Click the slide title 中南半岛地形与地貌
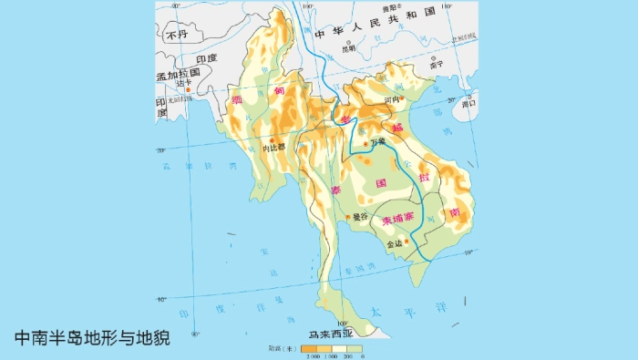pyautogui.click(x=92, y=336)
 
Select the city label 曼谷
pyautogui.click(x=360, y=217)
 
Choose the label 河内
pyautogui.click(x=392, y=100)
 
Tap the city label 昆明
pyautogui.click(x=348, y=48)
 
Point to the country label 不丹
pyautogui.click(x=176, y=36)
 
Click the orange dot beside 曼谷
pyautogui.click(x=348, y=217)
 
